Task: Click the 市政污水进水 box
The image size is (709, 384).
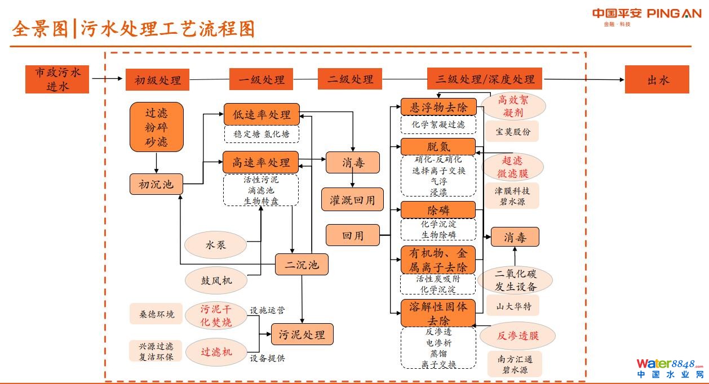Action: click(57, 79)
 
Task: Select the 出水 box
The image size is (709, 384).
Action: click(657, 79)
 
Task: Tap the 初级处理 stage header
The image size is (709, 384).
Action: click(157, 80)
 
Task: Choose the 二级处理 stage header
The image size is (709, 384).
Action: click(350, 79)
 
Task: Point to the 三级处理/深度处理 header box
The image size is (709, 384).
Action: click(485, 79)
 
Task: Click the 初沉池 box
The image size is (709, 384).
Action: click(157, 184)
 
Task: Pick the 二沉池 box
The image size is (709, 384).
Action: click(302, 265)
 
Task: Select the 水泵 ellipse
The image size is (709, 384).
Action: click(216, 245)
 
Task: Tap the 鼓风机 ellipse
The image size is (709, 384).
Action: click(216, 280)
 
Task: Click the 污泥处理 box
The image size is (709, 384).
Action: click(302, 334)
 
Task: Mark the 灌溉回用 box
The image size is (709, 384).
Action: click(352, 199)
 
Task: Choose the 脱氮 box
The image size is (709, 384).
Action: click(438, 146)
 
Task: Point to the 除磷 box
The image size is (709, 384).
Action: click(438, 210)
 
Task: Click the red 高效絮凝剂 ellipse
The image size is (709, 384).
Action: click(513, 106)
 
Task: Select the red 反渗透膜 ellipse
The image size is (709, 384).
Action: click(517, 336)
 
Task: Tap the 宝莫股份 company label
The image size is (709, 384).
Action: click(512, 132)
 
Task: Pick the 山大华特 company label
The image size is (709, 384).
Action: click(513, 306)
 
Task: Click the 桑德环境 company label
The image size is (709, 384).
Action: click(153, 314)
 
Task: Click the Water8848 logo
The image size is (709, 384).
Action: click(670, 368)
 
